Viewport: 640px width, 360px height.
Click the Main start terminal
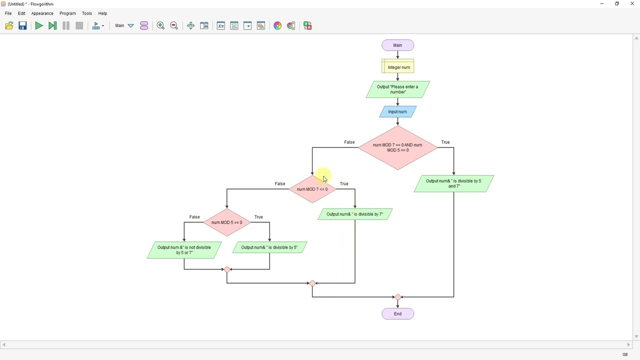tap(397, 45)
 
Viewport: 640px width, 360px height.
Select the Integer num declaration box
tap(398, 67)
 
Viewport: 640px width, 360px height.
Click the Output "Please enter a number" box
tap(397, 89)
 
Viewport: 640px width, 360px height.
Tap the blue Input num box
tap(397, 111)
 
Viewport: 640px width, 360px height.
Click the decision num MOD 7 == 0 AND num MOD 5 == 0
tap(397, 147)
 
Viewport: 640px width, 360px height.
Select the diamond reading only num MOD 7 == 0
tap(312, 189)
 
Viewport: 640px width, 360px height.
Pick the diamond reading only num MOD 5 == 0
tap(226, 222)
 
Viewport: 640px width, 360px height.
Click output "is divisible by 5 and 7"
tap(453, 183)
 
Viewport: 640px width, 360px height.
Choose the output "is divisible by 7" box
tap(355, 214)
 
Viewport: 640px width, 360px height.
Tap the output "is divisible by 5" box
tap(269, 247)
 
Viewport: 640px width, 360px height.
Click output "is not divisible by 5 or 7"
tap(184, 250)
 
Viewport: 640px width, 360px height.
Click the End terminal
tap(397, 314)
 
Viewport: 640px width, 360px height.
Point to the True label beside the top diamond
tap(445, 142)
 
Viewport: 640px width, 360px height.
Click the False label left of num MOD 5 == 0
tap(194, 217)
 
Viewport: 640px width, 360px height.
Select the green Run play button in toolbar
tap(38, 26)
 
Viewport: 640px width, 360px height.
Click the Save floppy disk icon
tap(22, 26)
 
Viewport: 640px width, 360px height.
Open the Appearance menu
tap(42, 13)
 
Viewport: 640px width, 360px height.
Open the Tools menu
tap(87, 13)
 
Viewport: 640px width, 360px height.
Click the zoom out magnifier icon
tap(174, 26)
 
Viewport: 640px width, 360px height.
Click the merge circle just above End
tap(398, 297)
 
